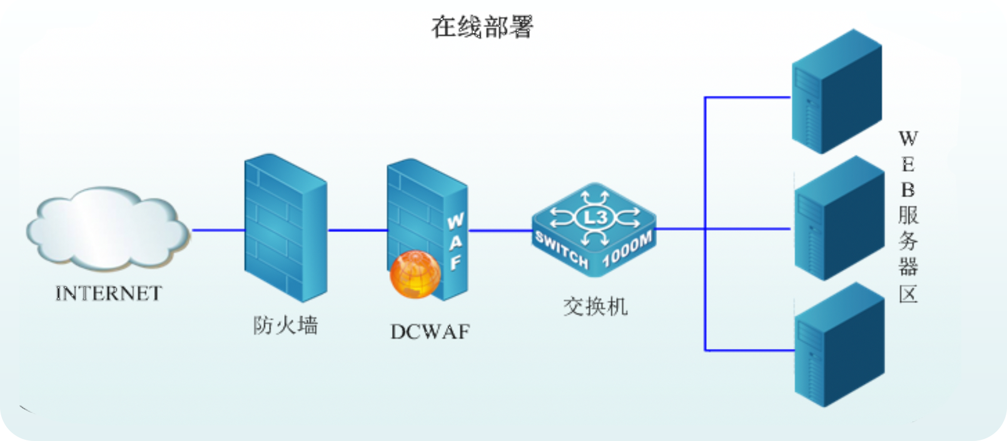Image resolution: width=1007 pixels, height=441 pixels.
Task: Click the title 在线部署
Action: pos(482,27)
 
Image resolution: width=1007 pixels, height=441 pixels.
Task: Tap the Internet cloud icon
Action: pos(107,228)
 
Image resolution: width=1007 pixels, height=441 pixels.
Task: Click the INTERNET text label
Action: pos(109,293)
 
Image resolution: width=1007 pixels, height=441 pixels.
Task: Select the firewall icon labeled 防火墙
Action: pos(285,228)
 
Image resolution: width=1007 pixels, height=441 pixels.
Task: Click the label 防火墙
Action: pos(285,325)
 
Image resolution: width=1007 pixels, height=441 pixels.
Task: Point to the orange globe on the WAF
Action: pos(415,274)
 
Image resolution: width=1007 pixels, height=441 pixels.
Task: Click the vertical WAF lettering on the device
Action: pos(455,241)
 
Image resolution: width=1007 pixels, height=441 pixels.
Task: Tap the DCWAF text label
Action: pos(430,332)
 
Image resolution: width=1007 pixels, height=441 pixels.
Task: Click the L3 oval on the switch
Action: pos(595,217)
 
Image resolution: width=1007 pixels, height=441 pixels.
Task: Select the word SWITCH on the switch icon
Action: pos(561,249)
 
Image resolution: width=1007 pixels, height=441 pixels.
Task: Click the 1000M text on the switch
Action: pos(627,249)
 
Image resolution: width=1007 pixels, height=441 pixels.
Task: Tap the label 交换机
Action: pos(595,307)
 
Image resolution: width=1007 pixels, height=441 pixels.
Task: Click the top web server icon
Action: pos(836,91)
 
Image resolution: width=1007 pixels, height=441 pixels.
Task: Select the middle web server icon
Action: pos(839,218)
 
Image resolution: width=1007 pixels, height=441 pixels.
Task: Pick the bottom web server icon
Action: pos(839,345)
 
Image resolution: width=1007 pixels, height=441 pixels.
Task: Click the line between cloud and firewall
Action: pos(218,230)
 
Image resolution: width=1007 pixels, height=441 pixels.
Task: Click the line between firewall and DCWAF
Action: pos(357,230)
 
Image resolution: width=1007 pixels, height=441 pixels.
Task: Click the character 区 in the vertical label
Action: pos(908,293)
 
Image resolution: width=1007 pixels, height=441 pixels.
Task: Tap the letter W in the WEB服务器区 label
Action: pos(908,138)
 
